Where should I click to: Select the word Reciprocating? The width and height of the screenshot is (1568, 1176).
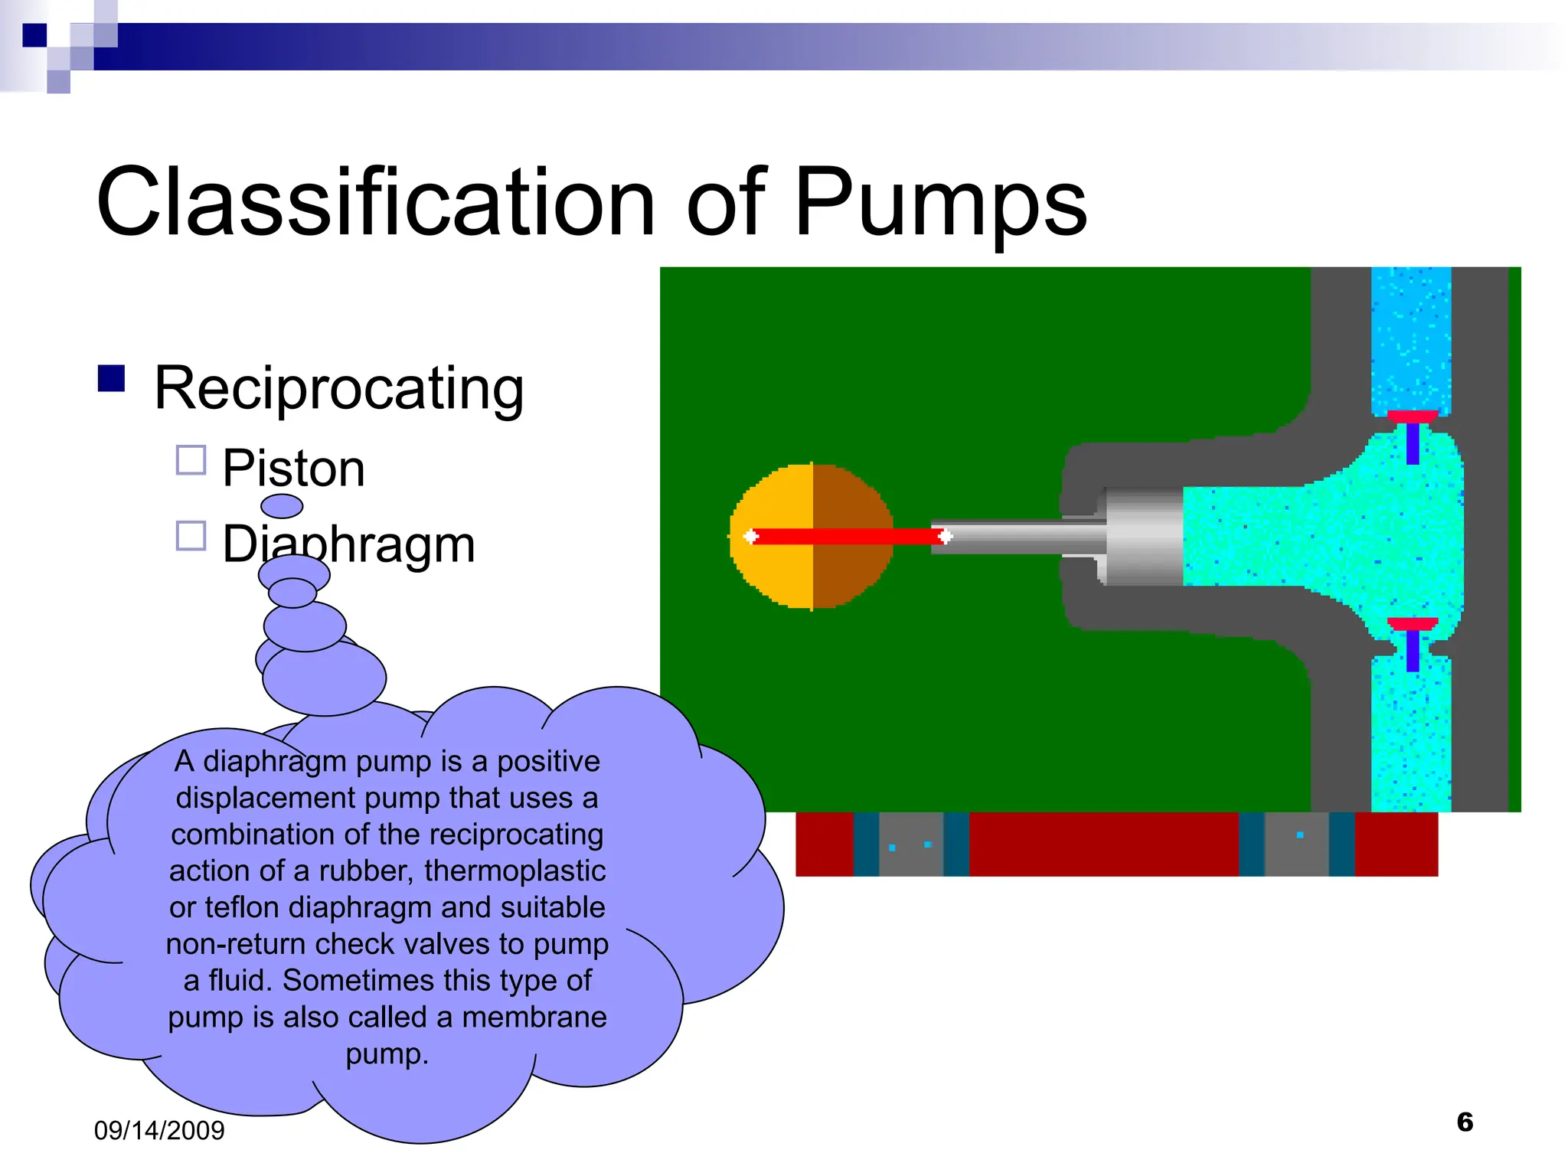click(338, 388)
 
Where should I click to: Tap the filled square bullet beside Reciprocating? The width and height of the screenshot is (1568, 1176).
click(112, 378)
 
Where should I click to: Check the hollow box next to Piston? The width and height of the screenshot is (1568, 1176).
click(191, 460)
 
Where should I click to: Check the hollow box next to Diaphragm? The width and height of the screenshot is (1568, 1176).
click(191, 536)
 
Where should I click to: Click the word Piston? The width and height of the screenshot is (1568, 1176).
click(293, 468)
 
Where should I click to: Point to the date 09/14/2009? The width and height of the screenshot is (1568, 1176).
click(159, 1131)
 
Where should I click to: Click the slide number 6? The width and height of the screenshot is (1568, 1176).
click(1465, 1122)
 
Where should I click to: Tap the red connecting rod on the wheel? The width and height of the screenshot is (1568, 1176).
click(842, 536)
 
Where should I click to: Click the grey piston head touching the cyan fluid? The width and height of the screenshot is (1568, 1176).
click(1145, 536)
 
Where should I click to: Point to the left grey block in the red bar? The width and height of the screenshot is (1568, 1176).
click(911, 844)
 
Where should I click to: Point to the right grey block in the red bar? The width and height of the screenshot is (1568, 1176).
click(1296, 844)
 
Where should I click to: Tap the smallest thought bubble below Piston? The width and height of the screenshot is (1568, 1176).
click(282, 506)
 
